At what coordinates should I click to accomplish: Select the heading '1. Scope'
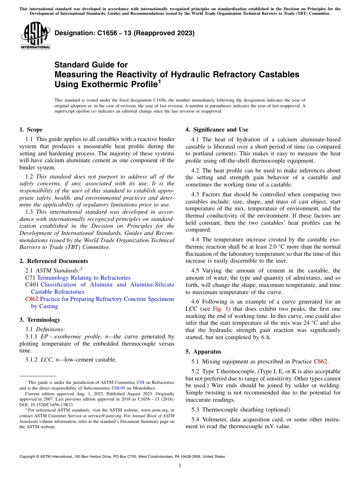tap(31, 130)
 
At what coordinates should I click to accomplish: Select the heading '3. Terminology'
tap(40, 320)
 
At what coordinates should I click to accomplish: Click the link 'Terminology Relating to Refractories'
tap(84, 278)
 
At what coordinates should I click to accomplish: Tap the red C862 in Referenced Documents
tap(31, 299)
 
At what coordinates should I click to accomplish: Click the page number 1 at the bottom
tap(180, 466)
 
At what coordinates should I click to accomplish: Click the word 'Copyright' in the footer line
tap(28, 457)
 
